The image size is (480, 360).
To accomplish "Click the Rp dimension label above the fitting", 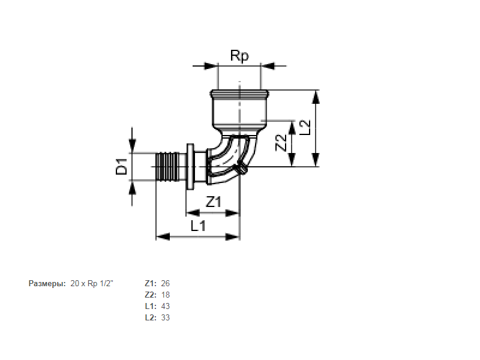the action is [x=239, y=56].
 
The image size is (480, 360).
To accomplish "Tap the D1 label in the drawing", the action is [x=122, y=166].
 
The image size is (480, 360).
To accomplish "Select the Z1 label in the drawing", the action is [x=214, y=202].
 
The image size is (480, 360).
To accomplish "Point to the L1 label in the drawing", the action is [x=198, y=226].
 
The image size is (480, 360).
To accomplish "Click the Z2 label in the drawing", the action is [x=281, y=143].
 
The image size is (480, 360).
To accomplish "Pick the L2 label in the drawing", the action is [x=305, y=128].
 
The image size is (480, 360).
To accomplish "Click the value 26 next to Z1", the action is [x=166, y=283].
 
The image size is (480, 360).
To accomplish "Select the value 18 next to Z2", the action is [x=166, y=295].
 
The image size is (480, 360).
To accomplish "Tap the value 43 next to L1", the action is [x=166, y=306].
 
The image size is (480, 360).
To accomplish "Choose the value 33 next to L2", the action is [x=166, y=317].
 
